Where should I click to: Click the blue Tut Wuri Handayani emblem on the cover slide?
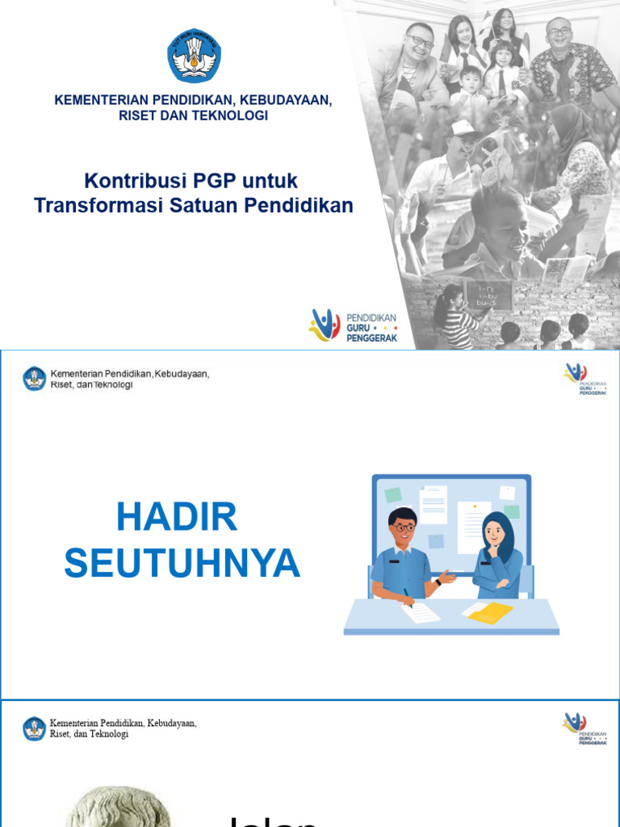pos(194,56)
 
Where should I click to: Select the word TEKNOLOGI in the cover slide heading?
pos(233,115)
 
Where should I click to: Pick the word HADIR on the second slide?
pos(177,517)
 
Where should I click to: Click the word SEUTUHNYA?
pos(182,563)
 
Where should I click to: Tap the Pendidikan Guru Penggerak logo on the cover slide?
pos(353,325)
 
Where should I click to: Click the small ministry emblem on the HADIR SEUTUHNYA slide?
pos(35,379)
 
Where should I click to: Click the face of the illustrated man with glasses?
pos(402,530)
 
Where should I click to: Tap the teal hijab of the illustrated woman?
pos(499,533)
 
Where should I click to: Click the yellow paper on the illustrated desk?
pos(491,613)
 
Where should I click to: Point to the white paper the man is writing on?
pos(420,612)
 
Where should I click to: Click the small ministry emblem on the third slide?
pos(35,728)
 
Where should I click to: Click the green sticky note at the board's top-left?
pos(393,494)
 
